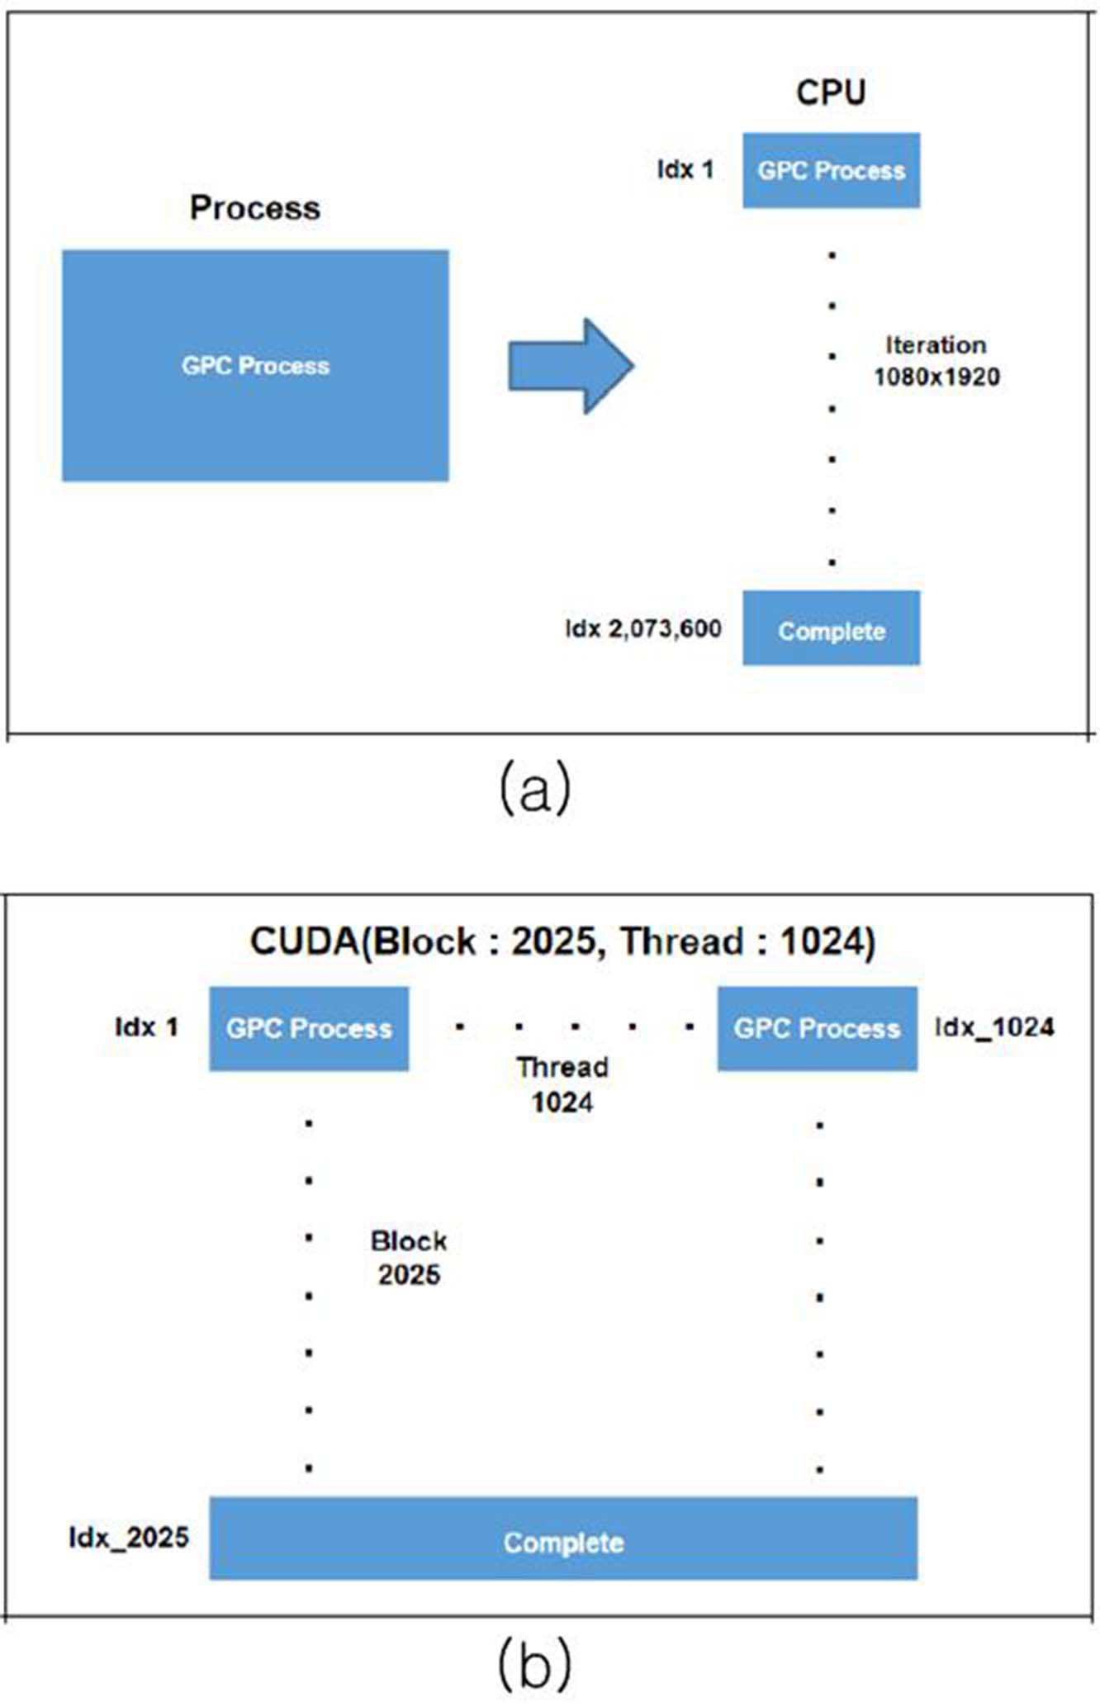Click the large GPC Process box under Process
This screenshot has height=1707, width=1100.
[255, 365]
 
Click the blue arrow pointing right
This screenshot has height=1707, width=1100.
[571, 366]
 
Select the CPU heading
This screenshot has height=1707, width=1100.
[831, 92]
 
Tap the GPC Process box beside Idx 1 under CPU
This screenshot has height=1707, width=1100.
[831, 170]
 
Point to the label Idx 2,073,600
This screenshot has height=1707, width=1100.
[643, 628]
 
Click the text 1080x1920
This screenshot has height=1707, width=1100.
[936, 377]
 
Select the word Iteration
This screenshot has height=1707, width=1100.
[936, 344]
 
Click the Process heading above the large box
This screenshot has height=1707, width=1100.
[255, 207]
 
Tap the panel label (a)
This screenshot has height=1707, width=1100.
[535, 788]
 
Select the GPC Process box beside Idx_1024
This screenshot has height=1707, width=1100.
[817, 1028]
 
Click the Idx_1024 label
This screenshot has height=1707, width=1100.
[994, 1027]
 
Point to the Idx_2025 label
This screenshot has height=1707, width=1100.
[129, 1538]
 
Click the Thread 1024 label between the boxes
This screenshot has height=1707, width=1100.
[562, 1084]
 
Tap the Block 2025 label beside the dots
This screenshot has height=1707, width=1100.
[409, 1257]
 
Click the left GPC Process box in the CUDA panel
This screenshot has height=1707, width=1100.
[309, 1028]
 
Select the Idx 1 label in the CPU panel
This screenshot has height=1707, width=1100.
[685, 169]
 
